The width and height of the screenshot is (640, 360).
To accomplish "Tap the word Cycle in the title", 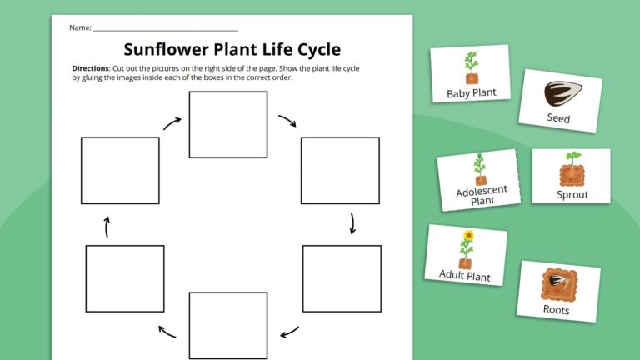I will click(x=312, y=49).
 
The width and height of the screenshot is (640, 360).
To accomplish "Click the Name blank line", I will click(x=166, y=29).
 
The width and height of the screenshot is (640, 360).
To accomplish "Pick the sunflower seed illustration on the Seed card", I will click(x=560, y=92).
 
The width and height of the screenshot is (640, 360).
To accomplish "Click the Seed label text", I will click(x=558, y=119).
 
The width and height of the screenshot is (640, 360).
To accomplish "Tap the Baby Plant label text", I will click(x=472, y=93).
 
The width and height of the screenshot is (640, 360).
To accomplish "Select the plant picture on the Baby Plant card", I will click(x=471, y=67).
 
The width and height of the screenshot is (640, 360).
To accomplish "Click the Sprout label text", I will click(x=572, y=194).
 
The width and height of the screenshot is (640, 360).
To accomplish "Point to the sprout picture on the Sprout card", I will click(x=572, y=170).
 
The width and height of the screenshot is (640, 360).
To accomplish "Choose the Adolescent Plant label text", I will click(x=482, y=196).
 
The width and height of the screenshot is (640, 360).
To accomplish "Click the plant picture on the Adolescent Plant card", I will click(x=479, y=169).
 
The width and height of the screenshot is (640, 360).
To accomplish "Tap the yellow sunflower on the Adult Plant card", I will click(x=468, y=236).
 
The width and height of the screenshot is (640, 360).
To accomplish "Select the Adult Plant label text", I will click(x=465, y=276).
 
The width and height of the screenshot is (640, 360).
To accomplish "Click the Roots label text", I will click(x=556, y=310).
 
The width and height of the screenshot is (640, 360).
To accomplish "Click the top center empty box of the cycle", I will click(x=227, y=124).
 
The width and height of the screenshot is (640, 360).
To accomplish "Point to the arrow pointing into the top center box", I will click(x=172, y=123).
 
